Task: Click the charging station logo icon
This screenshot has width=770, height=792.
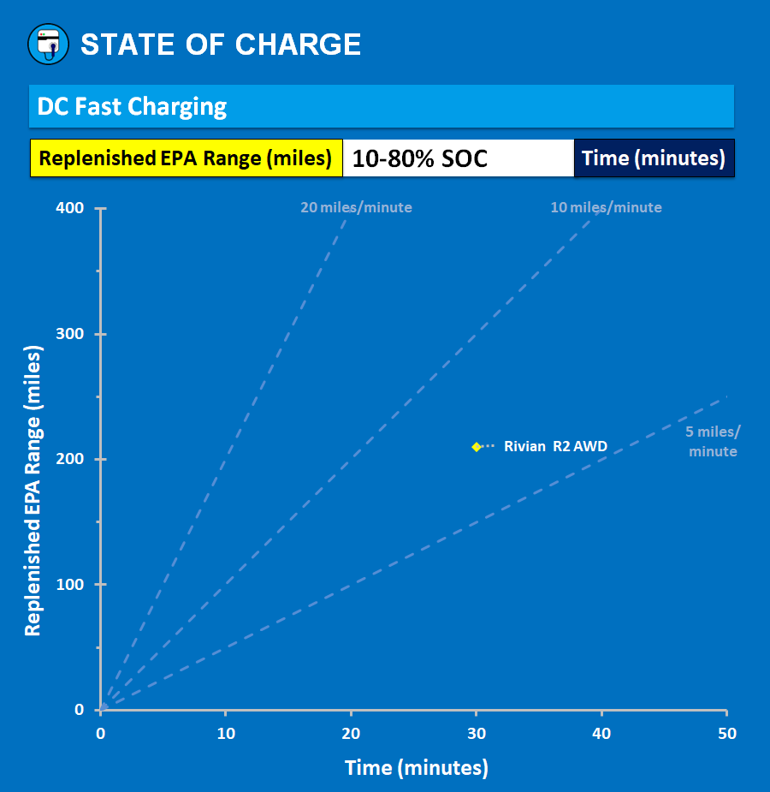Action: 48,44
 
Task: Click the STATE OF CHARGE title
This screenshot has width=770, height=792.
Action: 221,45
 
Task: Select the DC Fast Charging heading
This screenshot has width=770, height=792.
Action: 133,107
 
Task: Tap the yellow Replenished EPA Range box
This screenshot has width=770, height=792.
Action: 186,158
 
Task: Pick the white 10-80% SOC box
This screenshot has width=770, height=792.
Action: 458,158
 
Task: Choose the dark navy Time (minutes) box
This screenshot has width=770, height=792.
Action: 654,158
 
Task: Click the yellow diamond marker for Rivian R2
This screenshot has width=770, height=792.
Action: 477,447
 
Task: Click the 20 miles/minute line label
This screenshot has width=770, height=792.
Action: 356,207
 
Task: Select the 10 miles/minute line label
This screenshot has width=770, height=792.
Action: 606,207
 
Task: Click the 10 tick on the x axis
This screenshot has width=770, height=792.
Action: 226,734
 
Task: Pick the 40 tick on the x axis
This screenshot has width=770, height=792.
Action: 601,734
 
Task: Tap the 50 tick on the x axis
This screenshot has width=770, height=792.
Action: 726,734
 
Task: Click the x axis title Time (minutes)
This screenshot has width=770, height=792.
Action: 417,768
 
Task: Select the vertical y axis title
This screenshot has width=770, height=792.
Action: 33,490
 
